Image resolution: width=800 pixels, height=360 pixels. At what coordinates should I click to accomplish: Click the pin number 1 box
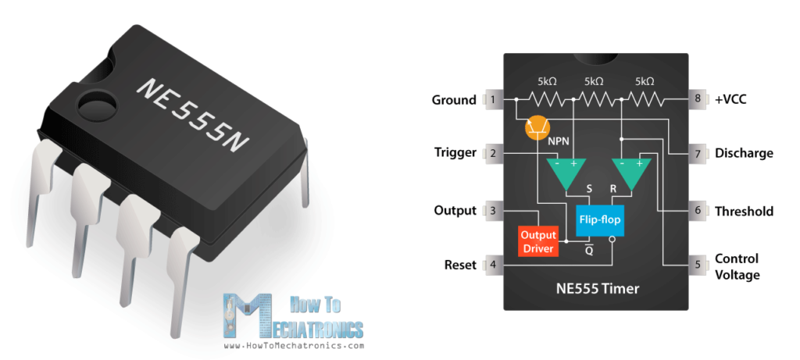click(x=492, y=100)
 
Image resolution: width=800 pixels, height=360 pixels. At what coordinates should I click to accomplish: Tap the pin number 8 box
click(x=698, y=100)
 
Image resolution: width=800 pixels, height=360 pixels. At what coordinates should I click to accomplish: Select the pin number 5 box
click(x=698, y=265)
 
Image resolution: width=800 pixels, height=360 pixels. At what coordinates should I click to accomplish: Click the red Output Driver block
click(x=538, y=241)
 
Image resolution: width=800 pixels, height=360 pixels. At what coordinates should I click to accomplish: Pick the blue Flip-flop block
click(x=599, y=220)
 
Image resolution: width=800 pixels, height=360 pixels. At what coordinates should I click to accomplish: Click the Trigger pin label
click(x=455, y=153)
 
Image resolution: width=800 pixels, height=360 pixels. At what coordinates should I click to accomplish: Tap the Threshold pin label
click(x=744, y=211)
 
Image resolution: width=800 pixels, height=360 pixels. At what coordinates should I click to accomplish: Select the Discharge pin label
click(x=744, y=153)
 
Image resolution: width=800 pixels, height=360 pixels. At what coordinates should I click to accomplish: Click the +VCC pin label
click(x=735, y=100)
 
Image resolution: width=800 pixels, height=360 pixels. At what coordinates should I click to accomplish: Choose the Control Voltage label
click(x=737, y=266)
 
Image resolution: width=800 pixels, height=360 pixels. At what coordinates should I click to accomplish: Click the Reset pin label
click(x=460, y=265)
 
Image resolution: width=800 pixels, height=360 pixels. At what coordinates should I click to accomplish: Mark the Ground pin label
click(x=454, y=100)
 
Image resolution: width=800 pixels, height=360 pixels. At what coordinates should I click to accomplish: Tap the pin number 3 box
click(x=492, y=211)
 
